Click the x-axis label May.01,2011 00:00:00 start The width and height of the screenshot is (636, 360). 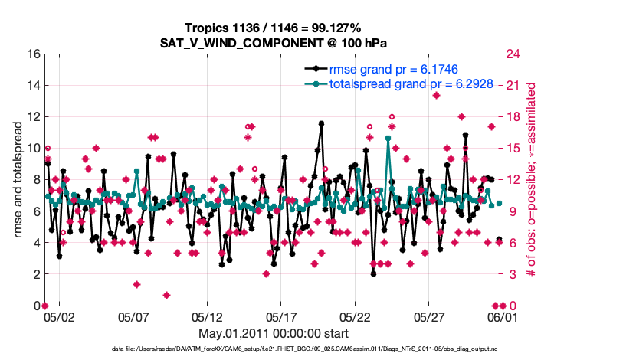pyautogui.click(x=274, y=333)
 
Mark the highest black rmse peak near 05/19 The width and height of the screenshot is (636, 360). pyautogui.click(x=320, y=123)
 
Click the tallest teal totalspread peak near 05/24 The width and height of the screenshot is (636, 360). pyautogui.click(x=388, y=139)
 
